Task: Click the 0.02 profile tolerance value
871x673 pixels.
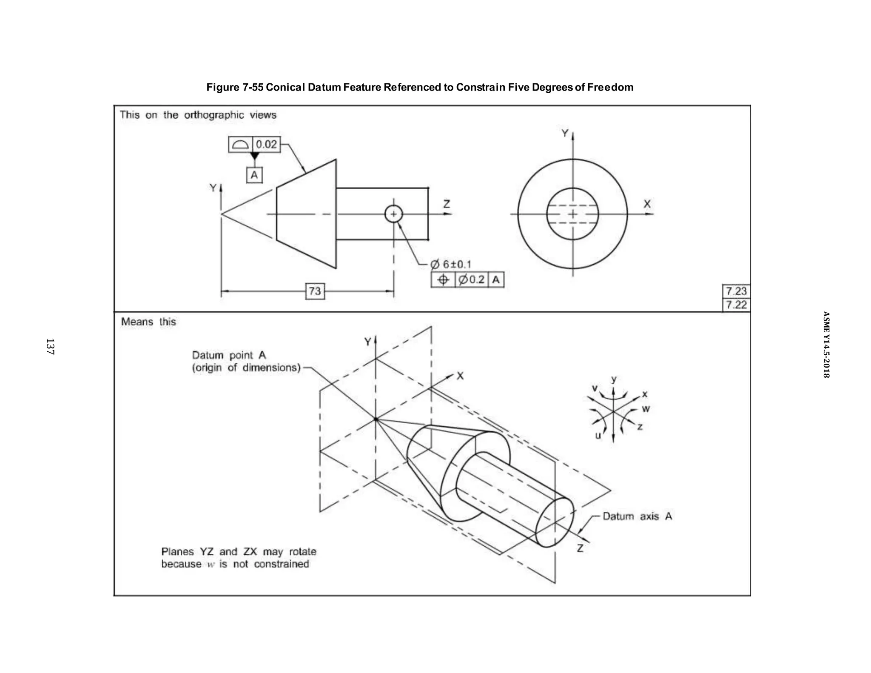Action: point(267,144)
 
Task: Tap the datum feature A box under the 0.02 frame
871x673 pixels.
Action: point(254,175)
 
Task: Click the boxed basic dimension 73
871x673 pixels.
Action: point(315,291)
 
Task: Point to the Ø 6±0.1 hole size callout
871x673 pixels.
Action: point(451,265)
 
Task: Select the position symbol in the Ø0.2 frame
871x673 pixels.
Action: point(443,280)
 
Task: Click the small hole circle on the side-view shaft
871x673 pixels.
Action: point(393,214)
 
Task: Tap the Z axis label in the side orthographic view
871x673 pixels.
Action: point(447,204)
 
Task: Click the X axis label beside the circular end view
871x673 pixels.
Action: point(647,204)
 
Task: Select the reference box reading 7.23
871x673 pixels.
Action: point(736,291)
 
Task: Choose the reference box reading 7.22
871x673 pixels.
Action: point(736,305)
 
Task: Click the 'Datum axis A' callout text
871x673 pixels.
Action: point(637,516)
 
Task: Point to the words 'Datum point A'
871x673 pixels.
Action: point(229,355)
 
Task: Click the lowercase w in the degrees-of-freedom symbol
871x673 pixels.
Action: point(646,409)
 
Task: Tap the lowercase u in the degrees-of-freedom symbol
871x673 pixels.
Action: point(598,436)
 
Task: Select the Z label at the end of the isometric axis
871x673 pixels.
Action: point(580,548)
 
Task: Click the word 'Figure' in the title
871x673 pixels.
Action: point(223,87)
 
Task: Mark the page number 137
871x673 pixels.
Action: point(50,347)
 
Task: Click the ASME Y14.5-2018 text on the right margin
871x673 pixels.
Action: point(825,345)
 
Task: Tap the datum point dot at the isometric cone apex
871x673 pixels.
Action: point(376,419)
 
